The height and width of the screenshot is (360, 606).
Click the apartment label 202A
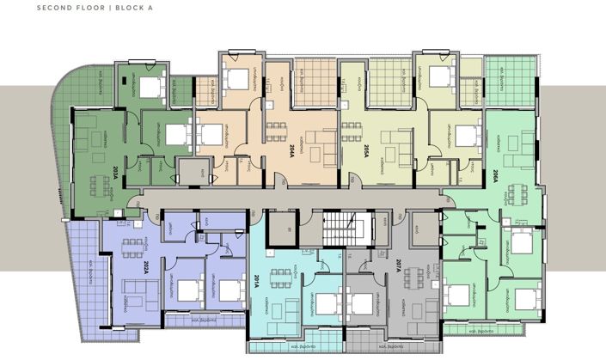pyautogui.click(x=147, y=268)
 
